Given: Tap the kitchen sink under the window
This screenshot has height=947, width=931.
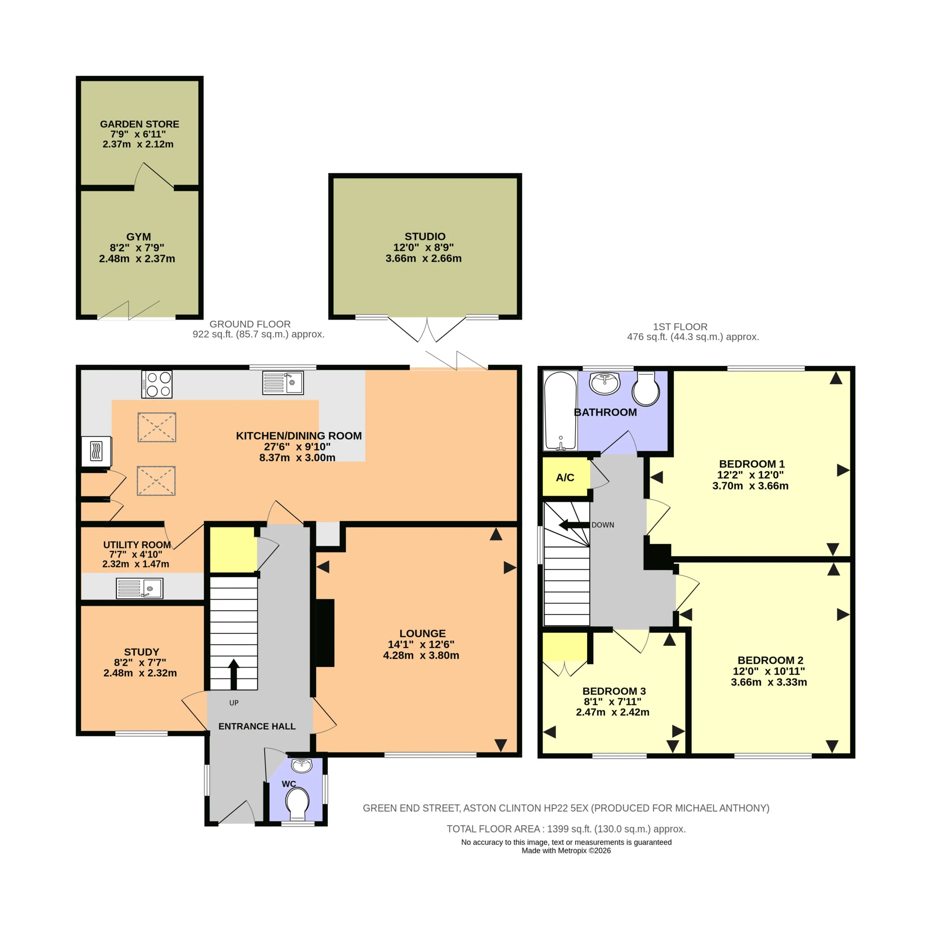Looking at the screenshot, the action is coord(283,382).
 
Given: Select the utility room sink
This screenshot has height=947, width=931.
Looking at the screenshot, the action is coord(139,588).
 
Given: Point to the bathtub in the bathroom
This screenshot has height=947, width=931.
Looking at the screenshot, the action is coord(560,411).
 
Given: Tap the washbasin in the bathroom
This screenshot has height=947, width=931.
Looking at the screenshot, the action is coord(604,383).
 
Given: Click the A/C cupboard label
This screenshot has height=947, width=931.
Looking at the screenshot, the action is coord(565,478).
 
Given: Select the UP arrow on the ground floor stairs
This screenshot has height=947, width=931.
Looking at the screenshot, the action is coord(233,674).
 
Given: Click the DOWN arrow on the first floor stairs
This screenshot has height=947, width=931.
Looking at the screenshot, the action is coord(574,525).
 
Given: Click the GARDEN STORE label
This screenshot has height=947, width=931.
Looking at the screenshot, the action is coord(140,124).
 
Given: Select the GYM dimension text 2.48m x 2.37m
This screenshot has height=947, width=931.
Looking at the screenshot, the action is coord(137,259).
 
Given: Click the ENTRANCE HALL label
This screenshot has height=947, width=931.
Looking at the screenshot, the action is coord(257,727).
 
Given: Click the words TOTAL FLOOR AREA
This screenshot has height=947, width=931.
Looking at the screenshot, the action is coord(493,829).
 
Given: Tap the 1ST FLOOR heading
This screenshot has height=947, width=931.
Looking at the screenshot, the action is coord(680,327).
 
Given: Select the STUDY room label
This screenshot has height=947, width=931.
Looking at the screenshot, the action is coord(142,652).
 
